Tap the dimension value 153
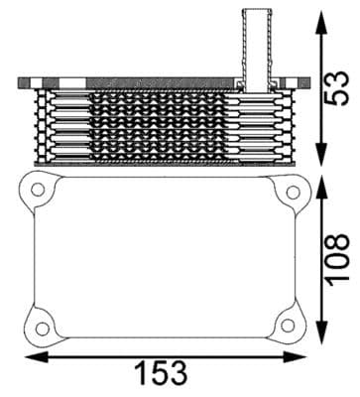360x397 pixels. click(160, 373)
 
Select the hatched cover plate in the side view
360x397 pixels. click(139, 80)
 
